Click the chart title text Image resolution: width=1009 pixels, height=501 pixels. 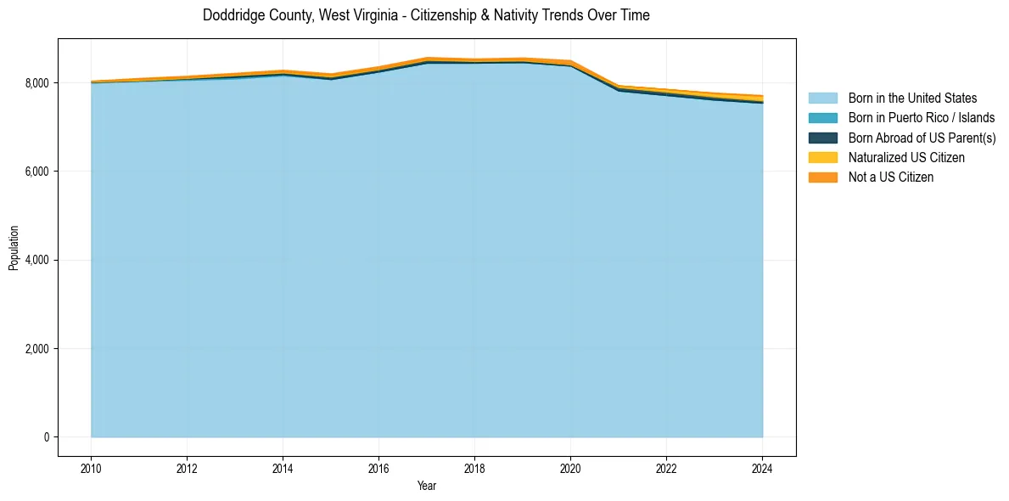point(426,15)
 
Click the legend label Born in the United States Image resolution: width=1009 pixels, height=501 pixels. point(912,99)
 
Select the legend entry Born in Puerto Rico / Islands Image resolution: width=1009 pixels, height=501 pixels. point(922,118)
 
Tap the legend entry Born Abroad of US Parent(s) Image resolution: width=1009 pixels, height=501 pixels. point(922,138)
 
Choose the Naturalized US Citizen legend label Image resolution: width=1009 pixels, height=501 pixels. point(906,158)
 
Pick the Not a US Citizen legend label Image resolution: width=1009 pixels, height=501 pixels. point(891,177)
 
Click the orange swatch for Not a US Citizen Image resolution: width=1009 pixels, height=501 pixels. point(822,177)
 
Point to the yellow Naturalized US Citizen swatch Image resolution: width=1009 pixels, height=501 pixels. point(822,158)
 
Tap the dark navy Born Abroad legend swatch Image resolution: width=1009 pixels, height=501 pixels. point(822,138)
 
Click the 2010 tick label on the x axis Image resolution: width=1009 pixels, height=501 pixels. point(91,468)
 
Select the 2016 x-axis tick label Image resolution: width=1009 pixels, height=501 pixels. point(378,468)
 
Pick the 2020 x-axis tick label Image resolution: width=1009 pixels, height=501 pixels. point(570,468)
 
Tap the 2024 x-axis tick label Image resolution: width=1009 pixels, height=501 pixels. point(762,468)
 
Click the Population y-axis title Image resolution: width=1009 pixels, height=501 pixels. point(14,248)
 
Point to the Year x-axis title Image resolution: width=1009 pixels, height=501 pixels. point(427,486)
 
